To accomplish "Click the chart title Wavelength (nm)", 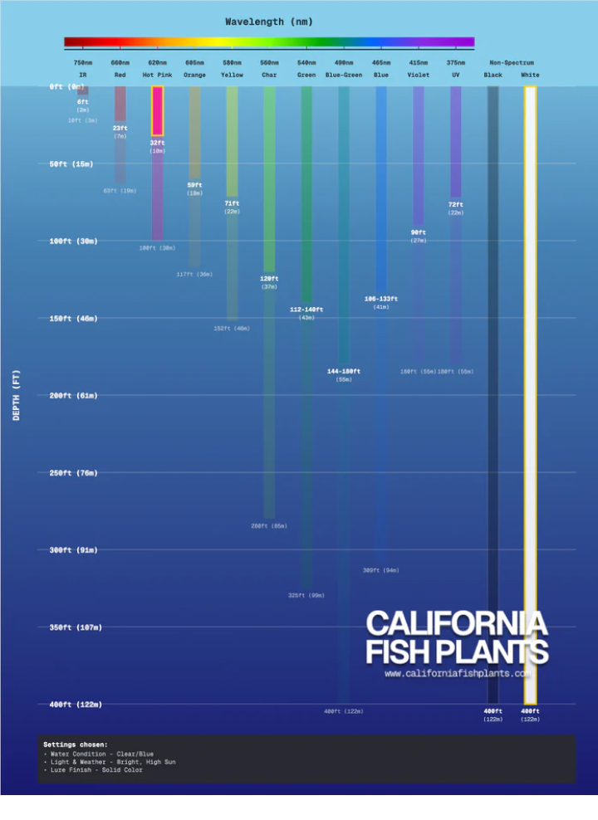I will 269,22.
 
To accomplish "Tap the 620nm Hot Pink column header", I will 157,69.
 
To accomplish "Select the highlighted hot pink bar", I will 157,110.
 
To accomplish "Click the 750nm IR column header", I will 83,69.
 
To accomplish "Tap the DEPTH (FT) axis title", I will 17,395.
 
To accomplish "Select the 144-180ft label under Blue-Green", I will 344,372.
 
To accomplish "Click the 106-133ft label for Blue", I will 381,299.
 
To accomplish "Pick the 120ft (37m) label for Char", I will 269,282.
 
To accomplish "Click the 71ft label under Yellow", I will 232,203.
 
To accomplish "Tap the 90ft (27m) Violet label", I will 419,236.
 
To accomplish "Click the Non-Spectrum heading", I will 512,63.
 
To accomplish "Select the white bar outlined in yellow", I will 530,394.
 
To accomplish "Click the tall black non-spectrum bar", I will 493,394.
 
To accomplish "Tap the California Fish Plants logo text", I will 457,637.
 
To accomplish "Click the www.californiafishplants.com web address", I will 457,674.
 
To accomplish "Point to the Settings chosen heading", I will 76,744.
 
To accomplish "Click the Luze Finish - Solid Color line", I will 93,770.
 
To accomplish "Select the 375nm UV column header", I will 456,69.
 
